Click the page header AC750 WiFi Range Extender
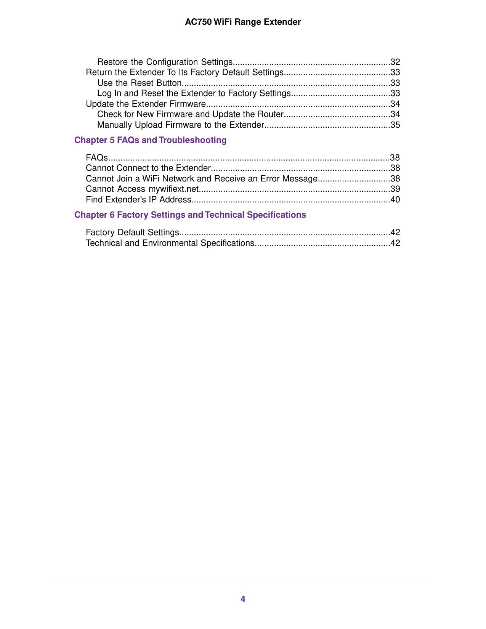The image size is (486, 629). click(243, 22)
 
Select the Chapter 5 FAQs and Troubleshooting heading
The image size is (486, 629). click(150, 140)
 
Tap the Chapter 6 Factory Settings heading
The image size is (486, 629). click(190, 215)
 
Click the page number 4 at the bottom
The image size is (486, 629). click(243, 599)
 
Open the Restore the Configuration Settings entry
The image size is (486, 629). click(165, 62)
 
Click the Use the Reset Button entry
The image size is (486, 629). click(139, 83)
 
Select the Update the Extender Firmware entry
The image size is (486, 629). click(146, 104)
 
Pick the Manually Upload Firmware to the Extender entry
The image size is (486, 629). click(181, 125)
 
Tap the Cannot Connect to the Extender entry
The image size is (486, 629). click(148, 168)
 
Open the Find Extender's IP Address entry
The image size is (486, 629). click(138, 199)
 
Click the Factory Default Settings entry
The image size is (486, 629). click(132, 232)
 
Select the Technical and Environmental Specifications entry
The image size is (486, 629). click(170, 243)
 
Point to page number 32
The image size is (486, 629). click(395, 62)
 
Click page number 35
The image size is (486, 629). click(395, 125)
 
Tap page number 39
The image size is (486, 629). click(395, 189)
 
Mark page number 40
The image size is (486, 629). click(395, 199)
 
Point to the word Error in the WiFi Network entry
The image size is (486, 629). click(270, 178)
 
